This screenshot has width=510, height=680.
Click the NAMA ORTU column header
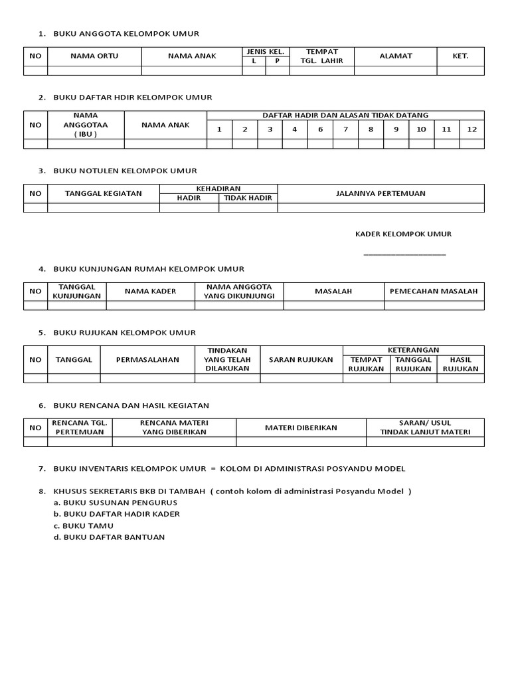click(x=94, y=56)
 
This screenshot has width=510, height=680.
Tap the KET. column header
click(x=460, y=56)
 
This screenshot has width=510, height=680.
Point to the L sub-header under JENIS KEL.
click(x=254, y=61)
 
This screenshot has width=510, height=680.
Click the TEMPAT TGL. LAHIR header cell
click(x=321, y=56)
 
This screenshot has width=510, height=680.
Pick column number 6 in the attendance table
click(x=320, y=129)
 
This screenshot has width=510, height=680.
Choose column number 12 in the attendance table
click(x=471, y=129)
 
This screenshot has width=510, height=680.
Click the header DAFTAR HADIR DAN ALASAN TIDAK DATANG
click(x=345, y=116)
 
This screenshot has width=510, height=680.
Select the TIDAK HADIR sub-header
click(x=248, y=198)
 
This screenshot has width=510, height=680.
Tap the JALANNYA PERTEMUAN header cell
click(x=381, y=194)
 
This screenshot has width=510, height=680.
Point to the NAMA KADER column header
click(x=150, y=292)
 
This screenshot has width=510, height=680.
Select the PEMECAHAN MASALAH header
click(x=434, y=292)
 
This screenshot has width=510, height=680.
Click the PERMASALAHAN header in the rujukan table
click(x=147, y=360)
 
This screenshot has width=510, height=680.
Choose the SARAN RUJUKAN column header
click(x=301, y=360)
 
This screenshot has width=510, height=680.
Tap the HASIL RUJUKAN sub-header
click(x=460, y=365)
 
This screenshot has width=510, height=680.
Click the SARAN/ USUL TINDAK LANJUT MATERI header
click(x=425, y=428)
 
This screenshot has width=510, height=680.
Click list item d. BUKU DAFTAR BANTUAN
click(x=109, y=537)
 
